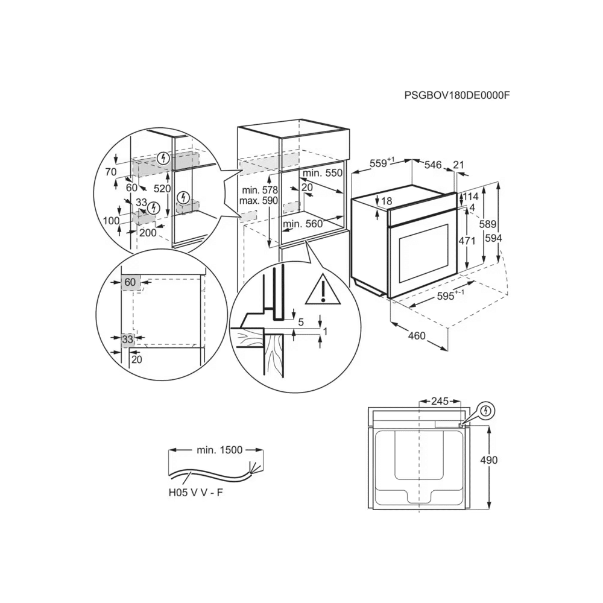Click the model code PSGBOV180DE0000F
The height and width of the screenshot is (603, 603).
453,95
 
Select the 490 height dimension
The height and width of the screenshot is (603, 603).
489,459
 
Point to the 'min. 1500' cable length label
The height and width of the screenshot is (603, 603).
219,450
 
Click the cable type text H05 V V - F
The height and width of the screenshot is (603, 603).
196,493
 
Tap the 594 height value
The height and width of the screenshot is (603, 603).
493,238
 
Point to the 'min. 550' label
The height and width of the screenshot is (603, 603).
323,173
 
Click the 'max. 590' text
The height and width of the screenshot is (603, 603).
257,200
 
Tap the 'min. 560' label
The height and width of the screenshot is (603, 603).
303,224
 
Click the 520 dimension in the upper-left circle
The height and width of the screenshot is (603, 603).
161,188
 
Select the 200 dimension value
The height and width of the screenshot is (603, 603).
147,233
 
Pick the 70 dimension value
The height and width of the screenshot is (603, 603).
110,172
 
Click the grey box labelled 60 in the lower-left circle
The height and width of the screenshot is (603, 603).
131,282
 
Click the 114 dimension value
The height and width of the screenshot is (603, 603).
471,197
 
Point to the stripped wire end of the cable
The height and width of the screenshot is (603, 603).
256,469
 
